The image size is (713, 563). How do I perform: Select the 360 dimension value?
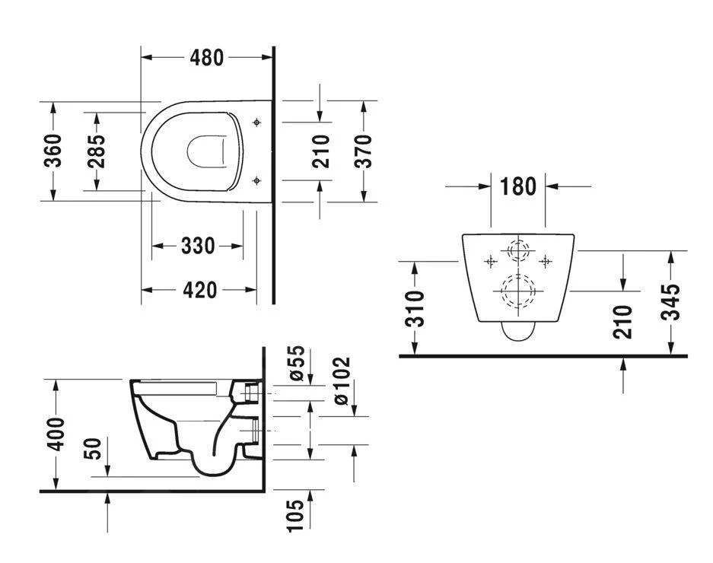53,151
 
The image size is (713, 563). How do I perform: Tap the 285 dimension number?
96,151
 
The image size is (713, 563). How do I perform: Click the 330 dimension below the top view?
197,246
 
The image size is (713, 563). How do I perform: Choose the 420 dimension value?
199,290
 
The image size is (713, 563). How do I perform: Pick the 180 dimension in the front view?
518,186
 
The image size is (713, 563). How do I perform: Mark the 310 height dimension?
413,308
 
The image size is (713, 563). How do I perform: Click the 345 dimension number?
670,303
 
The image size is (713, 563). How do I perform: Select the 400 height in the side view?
56,434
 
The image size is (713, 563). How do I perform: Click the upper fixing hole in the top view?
256,122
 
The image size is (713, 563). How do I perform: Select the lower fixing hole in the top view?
256,180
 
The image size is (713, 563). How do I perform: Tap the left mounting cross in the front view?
491,262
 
